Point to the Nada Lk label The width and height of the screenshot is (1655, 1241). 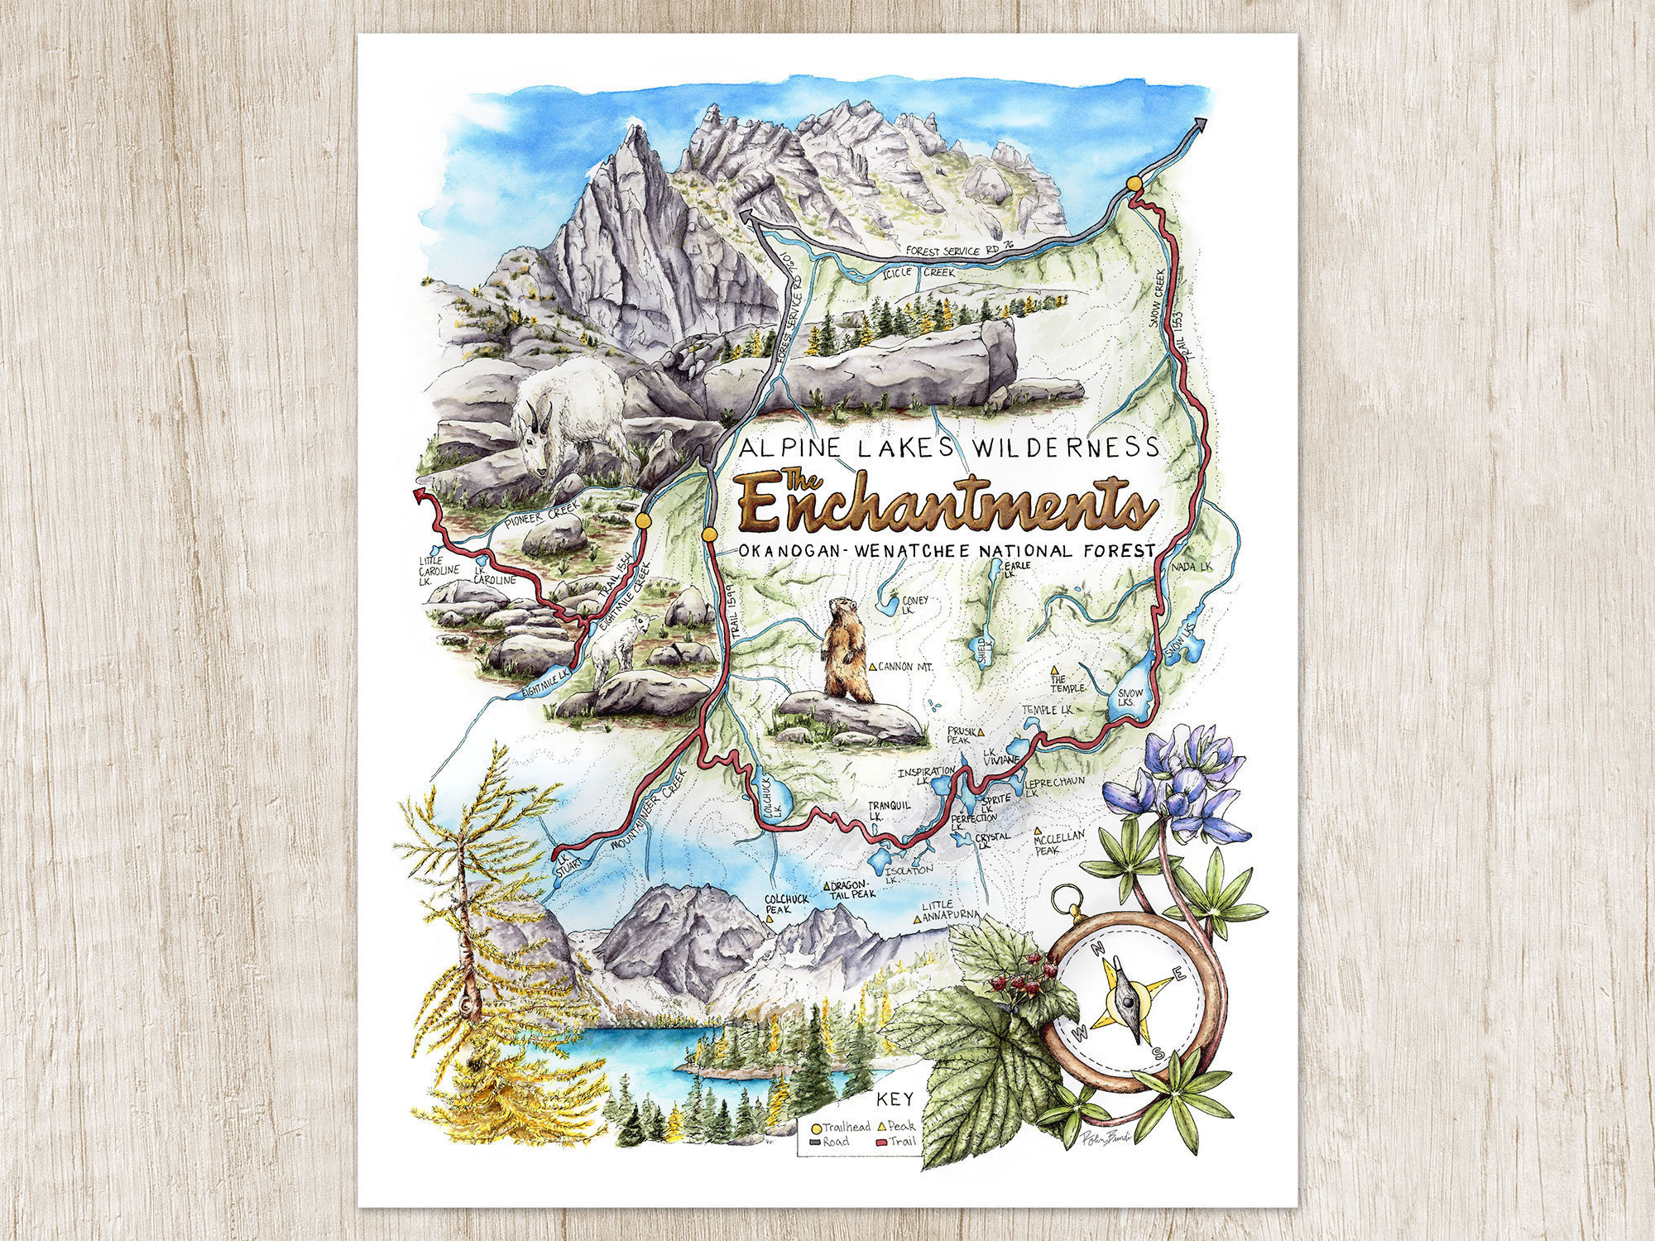(x=1192, y=566)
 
